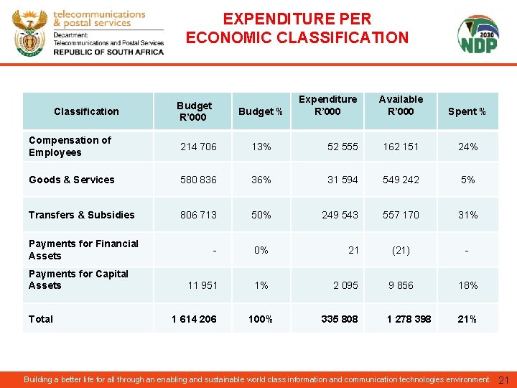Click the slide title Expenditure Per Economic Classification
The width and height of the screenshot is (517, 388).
point(297,28)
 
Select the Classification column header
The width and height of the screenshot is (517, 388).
point(86,111)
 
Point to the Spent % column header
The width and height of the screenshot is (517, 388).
point(467,111)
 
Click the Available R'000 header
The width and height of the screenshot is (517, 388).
point(401,105)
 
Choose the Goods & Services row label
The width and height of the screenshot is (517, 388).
point(72,180)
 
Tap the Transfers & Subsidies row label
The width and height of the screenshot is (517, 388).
point(82,215)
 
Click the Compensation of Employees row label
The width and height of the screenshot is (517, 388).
point(70,146)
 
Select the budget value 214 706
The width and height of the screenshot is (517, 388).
point(198,147)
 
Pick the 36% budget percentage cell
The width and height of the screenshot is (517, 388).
point(261,180)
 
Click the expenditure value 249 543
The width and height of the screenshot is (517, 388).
point(340,215)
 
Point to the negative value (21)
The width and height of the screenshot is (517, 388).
point(401,250)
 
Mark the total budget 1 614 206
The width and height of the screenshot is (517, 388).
point(193,319)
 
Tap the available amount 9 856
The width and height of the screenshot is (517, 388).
point(401,285)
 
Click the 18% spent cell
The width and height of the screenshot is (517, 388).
point(468,285)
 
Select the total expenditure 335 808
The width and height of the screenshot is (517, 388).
point(340,319)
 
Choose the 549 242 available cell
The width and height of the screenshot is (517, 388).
point(401,180)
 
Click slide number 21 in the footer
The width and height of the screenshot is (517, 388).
point(503,379)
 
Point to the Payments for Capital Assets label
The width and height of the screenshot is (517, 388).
point(78,280)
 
